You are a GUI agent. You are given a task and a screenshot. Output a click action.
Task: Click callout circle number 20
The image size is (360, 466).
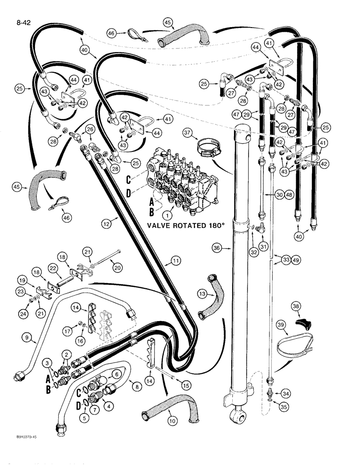(x=113, y=267)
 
